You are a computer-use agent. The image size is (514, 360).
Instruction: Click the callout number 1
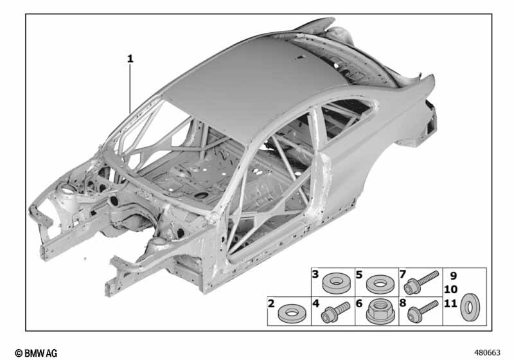point(130,59)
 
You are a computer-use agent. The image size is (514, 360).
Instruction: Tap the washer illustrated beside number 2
point(292,314)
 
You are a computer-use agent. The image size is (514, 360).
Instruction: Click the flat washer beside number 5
point(380,284)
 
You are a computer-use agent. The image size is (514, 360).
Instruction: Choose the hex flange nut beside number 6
point(380,312)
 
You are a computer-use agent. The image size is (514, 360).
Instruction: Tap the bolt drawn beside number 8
point(423,310)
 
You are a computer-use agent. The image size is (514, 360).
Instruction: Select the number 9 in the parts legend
point(453,276)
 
